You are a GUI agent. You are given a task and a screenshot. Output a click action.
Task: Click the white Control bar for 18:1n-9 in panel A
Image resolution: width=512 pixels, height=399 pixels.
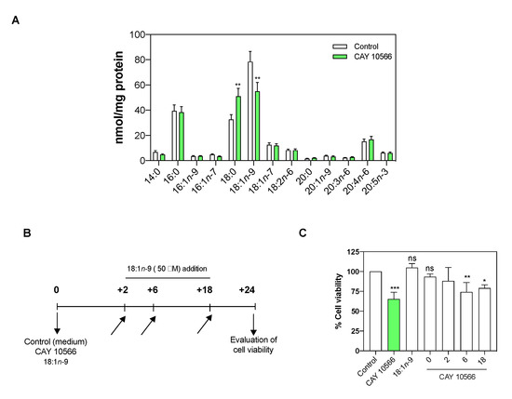(x=250, y=111)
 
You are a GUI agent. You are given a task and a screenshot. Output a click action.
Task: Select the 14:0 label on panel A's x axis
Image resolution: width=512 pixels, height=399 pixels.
(x=156, y=174)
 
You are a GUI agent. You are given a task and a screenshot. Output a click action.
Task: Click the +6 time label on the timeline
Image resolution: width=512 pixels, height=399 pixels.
(x=153, y=291)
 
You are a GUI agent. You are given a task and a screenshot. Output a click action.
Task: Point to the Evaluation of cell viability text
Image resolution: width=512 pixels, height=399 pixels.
(x=248, y=344)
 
